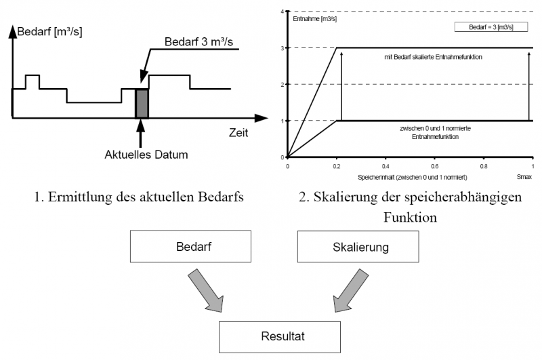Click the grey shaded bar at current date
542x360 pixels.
coord(142,103)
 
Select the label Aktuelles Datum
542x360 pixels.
coord(146,155)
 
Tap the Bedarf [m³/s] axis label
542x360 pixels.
coord(49,32)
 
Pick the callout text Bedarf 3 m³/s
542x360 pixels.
coord(201,43)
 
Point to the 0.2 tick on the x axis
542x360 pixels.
coord(336,165)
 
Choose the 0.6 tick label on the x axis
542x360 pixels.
coord(434,165)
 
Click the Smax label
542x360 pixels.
coord(525,176)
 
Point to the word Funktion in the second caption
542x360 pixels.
coord(409,218)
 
